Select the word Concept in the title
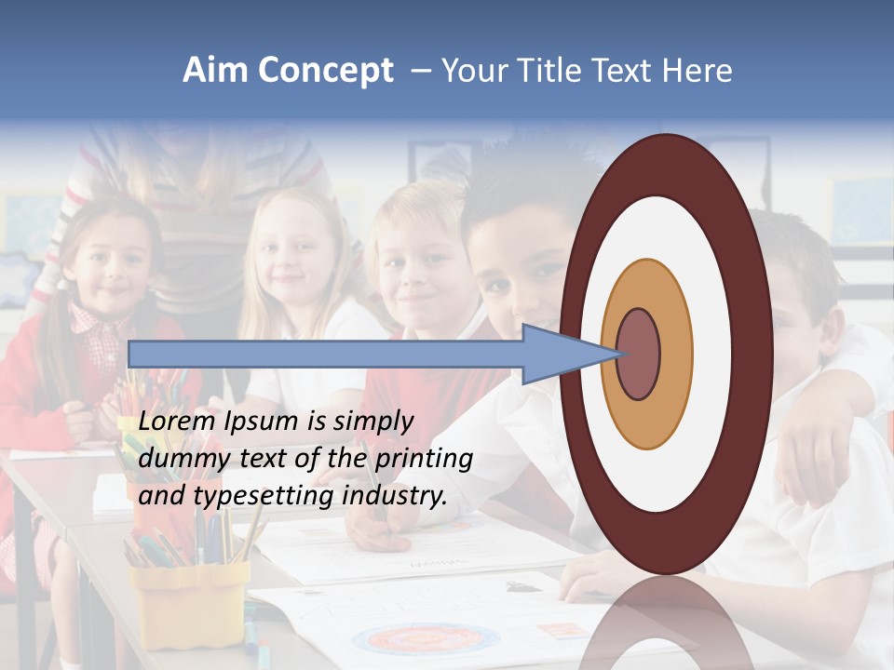click(x=325, y=71)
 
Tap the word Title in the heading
click(x=554, y=71)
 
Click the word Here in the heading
click(x=696, y=71)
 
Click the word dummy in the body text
click(x=177, y=459)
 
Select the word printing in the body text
click(x=424, y=459)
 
